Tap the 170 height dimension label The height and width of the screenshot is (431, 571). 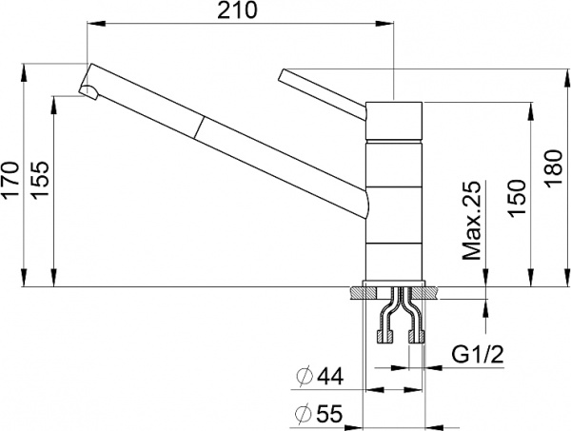[x=11, y=178]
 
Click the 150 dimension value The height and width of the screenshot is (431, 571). [x=517, y=195]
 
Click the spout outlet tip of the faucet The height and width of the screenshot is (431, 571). [x=87, y=91]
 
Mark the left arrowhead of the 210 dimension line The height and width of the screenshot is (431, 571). [x=90, y=27]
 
